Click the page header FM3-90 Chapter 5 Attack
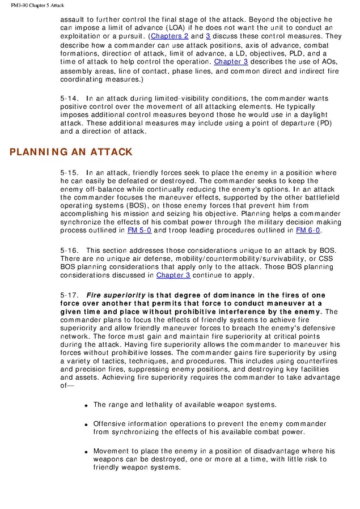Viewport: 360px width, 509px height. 37,5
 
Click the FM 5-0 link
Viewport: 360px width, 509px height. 139,230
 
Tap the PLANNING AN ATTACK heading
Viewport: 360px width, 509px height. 71,152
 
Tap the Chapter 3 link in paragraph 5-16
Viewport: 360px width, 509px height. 173,275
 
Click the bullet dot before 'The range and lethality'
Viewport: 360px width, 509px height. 86,406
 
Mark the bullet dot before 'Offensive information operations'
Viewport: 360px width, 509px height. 86,425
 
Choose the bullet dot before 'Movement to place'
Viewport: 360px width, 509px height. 86,452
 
